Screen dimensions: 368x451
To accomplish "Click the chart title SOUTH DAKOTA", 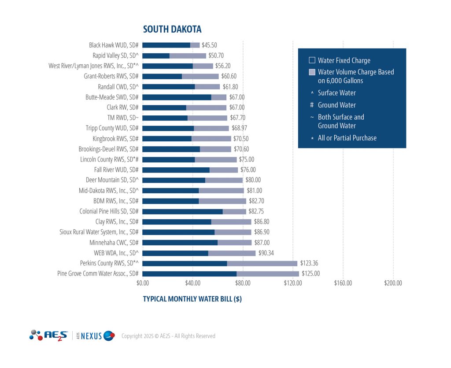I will click(172, 29).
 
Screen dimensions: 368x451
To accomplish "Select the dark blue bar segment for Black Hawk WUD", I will click(166, 45).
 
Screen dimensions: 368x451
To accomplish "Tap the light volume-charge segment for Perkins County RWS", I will click(262, 263).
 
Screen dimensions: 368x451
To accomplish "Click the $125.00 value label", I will click(311, 274).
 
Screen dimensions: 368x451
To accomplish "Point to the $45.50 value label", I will click(209, 45).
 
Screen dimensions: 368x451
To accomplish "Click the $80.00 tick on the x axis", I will click(243, 283).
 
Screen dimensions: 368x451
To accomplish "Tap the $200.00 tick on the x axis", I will click(393, 283).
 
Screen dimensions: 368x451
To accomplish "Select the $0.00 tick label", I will click(143, 283).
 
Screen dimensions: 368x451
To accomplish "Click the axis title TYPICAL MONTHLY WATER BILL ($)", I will click(192, 299).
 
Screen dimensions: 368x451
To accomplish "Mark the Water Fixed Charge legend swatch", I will click(312, 60).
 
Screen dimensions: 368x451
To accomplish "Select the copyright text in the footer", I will click(168, 336).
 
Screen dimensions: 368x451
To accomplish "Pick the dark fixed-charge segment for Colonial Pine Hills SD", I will click(182, 211).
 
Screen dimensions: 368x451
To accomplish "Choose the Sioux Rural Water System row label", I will click(99, 232).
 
